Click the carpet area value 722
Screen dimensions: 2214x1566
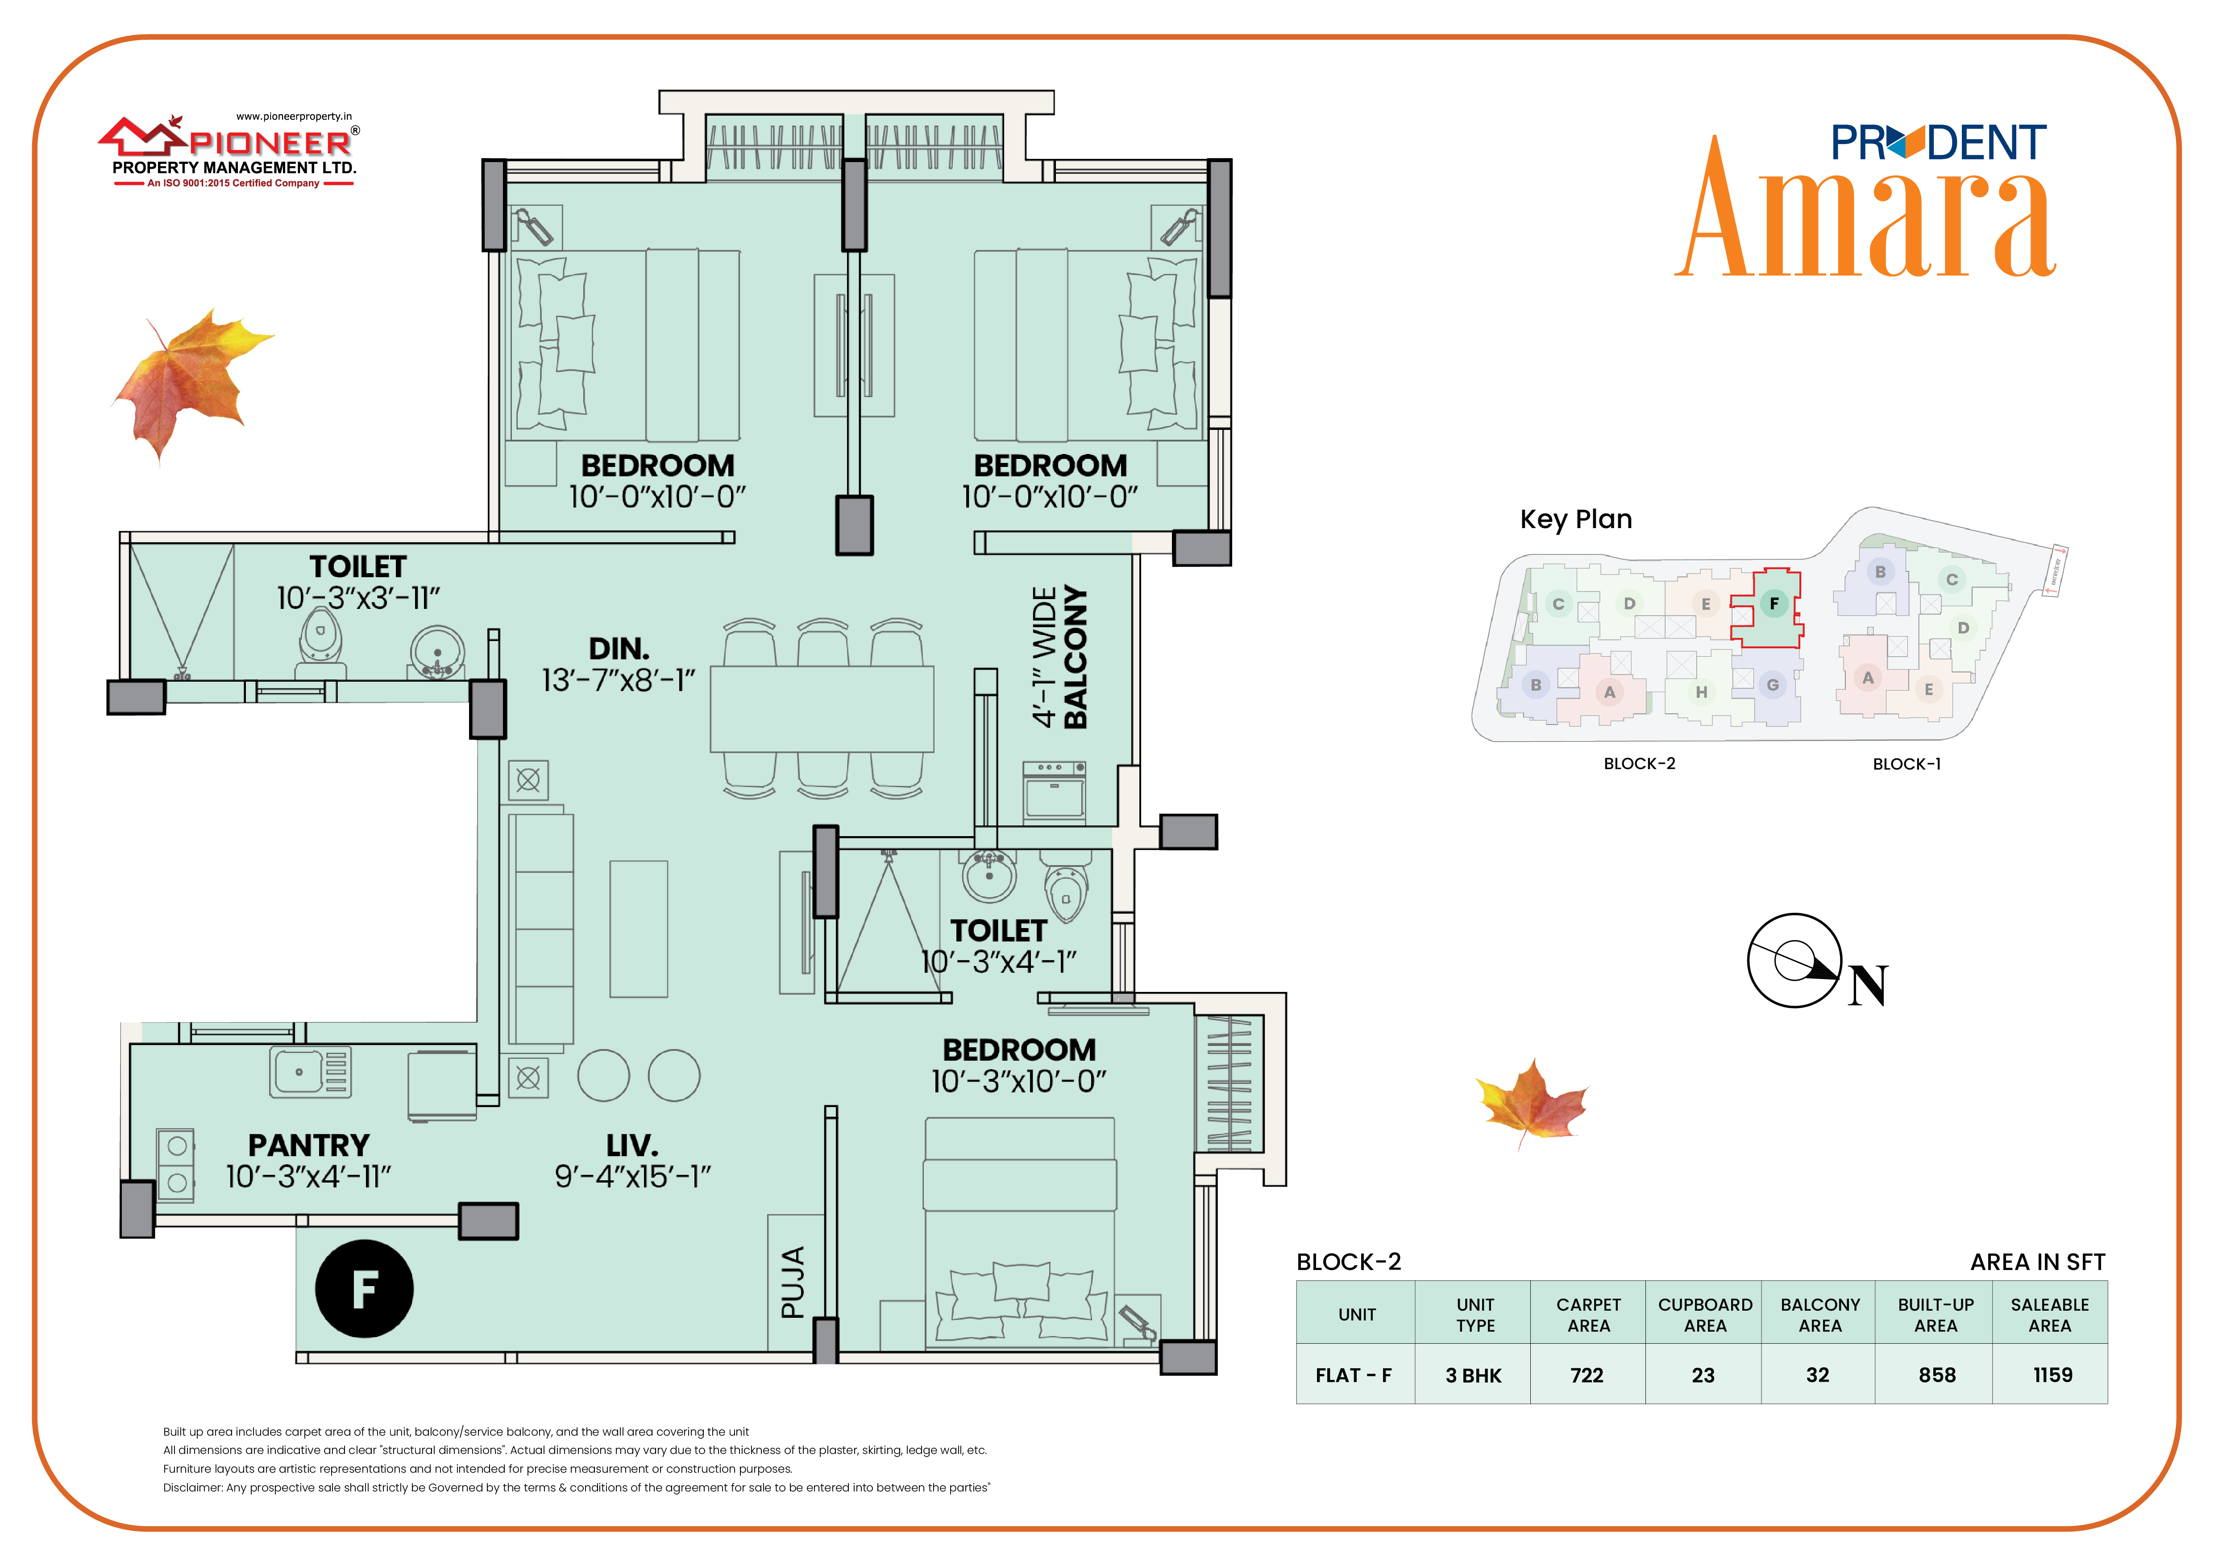[1587, 1375]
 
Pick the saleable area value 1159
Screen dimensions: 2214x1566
[2053, 1375]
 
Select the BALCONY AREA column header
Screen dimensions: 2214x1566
[1819, 1314]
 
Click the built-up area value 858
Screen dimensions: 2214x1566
[1937, 1375]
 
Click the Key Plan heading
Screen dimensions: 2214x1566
[1576, 520]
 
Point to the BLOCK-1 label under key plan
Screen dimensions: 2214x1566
[1907, 764]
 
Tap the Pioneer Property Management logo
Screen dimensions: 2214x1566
[232, 151]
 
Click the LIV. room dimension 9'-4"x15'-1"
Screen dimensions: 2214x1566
[632, 1176]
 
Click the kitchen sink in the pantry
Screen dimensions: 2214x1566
[311, 1071]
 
